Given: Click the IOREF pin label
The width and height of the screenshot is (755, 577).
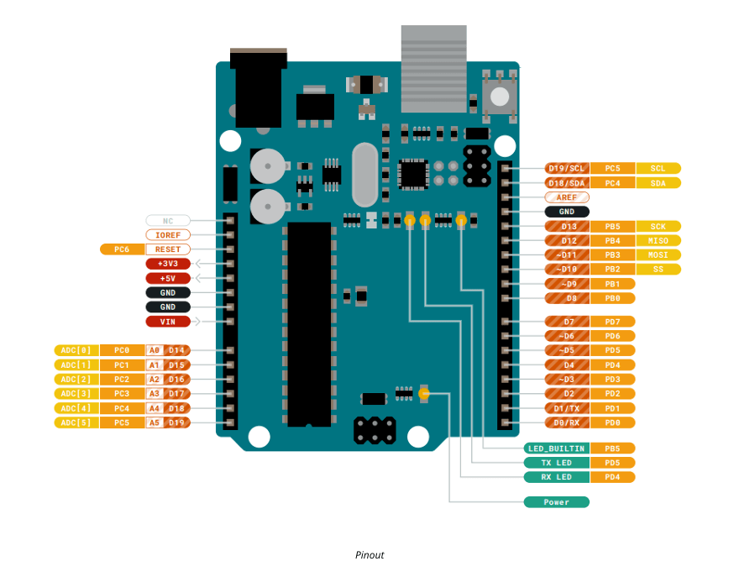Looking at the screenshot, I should [x=168, y=235].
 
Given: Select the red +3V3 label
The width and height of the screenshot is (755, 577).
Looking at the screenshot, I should [x=168, y=264].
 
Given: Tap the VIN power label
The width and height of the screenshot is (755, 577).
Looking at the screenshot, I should [x=168, y=321].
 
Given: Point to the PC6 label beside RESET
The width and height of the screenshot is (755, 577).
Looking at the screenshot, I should [x=122, y=249].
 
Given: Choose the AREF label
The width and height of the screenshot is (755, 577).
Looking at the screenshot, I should [x=567, y=197].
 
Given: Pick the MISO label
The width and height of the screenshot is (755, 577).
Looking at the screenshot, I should [x=658, y=240].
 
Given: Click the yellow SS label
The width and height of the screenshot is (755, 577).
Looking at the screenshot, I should [x=658, y=269].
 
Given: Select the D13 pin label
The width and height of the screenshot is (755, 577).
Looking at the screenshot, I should [x=569, y=226].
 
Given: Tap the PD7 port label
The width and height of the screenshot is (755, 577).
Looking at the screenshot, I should [x=612, y=322].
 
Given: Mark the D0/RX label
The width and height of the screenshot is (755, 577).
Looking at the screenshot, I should [x=568, y=422].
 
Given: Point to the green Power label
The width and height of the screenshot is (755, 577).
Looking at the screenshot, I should [x=556, y=502].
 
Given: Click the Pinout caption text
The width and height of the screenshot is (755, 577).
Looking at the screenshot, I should [x=370, y=555].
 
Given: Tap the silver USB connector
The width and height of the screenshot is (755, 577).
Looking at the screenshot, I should [x=433, y=69].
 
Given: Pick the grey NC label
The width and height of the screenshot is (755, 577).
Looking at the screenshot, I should [x=168, y=221].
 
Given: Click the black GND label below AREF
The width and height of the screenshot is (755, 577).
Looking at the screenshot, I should [x=567, y=212].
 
